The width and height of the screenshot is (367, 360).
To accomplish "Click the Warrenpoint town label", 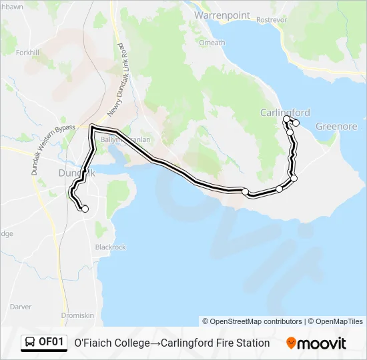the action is [222, 14].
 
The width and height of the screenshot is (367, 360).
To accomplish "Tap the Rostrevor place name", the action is [271, 19].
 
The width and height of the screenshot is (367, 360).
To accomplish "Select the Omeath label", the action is [212, 43].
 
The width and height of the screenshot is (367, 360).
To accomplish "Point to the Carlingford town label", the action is [285, 113].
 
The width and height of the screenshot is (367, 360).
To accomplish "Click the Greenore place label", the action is [336, 125].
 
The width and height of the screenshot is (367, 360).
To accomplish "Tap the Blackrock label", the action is [110, 247].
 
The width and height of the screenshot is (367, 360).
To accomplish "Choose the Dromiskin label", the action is [74, 315].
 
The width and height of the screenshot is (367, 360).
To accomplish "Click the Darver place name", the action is [20, 307].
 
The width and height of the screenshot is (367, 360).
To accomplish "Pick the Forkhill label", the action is [28, 52].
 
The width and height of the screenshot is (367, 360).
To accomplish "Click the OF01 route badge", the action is [51, 343].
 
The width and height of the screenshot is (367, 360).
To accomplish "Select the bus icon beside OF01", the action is [31, 343].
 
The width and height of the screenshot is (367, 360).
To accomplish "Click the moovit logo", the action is [316, 343].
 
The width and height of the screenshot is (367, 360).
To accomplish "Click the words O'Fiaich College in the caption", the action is [112, 343].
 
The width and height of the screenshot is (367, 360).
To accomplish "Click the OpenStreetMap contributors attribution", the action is [252, 321].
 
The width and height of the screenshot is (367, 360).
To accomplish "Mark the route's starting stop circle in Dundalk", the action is [85, 209].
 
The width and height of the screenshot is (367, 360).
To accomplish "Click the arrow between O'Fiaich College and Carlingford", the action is [154, 343].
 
